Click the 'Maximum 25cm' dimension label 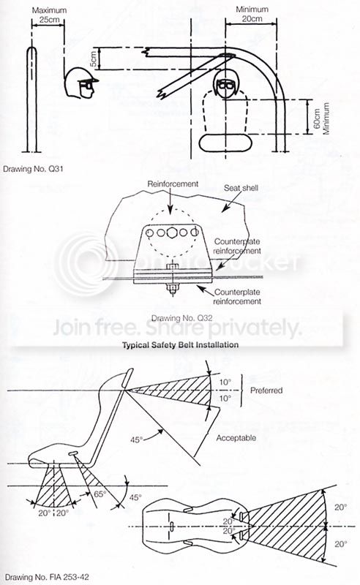click(49, 15)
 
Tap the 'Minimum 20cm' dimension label click(252, 13)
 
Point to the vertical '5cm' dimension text click(94, 58)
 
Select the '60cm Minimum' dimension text click(321, 118)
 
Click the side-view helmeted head click(80, 83)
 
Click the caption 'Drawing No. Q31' click(33, 169)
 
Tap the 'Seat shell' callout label click(241, 188)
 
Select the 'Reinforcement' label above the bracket click(173, 184)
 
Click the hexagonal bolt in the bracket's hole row click(172, 233)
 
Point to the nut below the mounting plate click(172, 288)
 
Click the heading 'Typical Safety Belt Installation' click(181, 344)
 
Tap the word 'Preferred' click(266, 390)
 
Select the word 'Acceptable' click(236, 438)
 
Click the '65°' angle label click(100, 494)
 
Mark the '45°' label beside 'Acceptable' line click(137, 440)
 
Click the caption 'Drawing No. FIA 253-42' click(47, 577)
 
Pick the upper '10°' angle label click(225, 382)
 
